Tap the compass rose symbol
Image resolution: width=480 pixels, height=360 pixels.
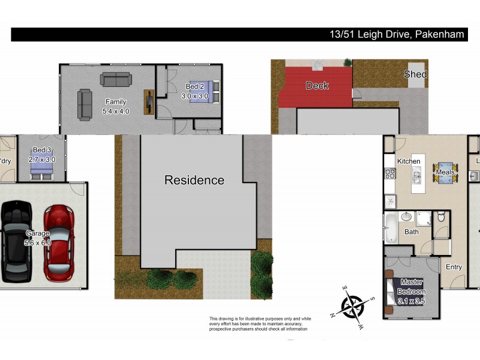click(x=353, y=308)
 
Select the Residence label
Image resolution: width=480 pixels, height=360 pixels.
click(x=194, y=180)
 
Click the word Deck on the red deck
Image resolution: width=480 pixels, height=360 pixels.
click(x=317, y=86)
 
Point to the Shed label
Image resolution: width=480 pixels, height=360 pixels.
click(x=415, y=74)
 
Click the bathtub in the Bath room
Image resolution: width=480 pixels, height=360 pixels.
click(x=391, y=228)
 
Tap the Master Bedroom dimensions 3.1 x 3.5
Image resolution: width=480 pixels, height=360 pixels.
click(x=411, y=301)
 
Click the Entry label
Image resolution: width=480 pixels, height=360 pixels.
click(x=454, y=267)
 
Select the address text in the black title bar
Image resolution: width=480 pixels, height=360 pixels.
click(x=397, y=34)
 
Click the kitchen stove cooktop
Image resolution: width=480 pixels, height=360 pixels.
click(x=389, y=175)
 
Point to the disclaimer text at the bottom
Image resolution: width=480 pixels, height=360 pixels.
click(x=259, y=324)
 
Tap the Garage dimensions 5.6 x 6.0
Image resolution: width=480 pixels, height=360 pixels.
click(x=38, y=242)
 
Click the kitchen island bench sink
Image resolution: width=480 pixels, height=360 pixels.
click(x=415, y=177)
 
